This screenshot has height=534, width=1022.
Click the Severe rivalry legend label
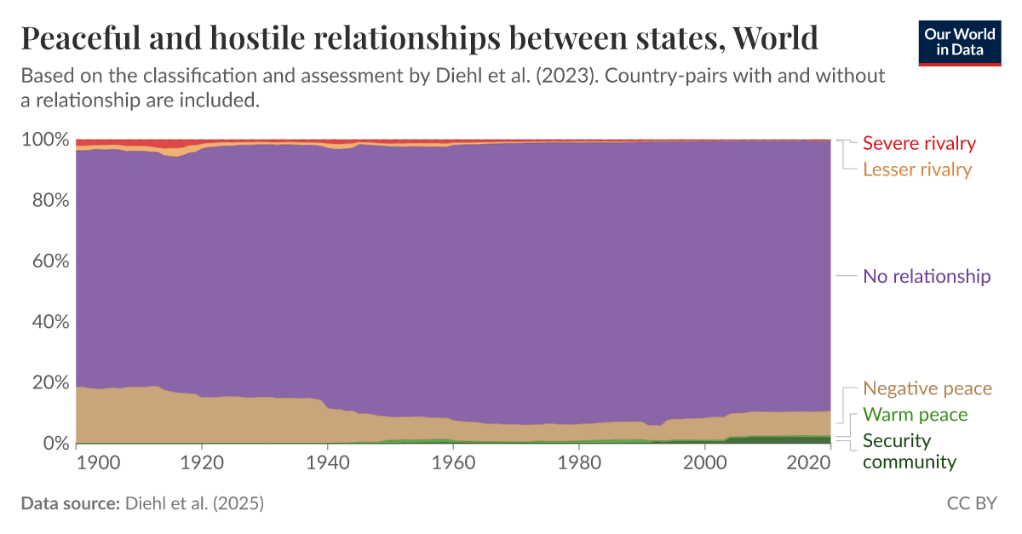pyautogui.click(x=919, y=143)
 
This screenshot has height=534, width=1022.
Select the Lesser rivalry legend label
pyautogui.click(x=916, y=169)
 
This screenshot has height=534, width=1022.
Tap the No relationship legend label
pyautogui.click(x=927, y=276)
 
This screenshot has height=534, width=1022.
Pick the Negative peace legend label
pyautogui.click(x=927, y=388)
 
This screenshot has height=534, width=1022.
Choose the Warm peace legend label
pyautogui.click(x=915, y=415)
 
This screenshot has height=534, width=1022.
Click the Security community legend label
pyautogui.click(x=909, y=451)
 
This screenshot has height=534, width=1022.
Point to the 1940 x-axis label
pyautogui.click(x=328, y=464)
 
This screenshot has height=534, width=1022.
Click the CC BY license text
pyautogui.click(x=971, y=504)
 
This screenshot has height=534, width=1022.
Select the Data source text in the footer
pyautogui.click(x=142, y=504)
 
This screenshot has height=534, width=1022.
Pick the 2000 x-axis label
pyautogui.click(x=705, y=464)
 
